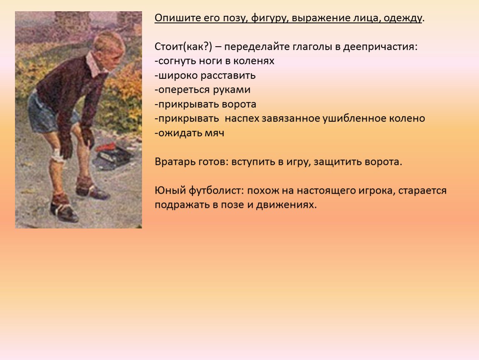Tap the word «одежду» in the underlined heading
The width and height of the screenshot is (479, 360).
pyautogui.click(x=402, y=18)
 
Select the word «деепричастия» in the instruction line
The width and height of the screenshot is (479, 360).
pyautogui.click(x=380, y=47)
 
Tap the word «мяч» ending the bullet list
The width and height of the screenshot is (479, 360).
pyautogui.click(x=214, y=133)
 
